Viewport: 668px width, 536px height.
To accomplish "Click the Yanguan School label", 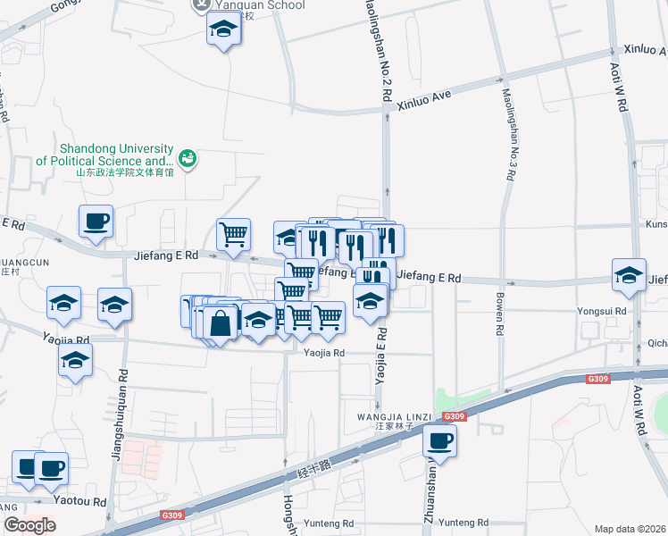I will point(261,4).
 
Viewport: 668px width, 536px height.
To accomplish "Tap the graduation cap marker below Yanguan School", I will point(223,31).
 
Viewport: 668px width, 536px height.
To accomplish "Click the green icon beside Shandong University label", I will point(188,159).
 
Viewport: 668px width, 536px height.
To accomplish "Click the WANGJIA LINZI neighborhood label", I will point(395,417).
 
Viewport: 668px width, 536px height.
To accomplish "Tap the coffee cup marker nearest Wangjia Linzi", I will point(439,440).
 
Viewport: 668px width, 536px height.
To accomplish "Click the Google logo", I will point(29,524).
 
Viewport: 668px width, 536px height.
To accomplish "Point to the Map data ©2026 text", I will point(630,529).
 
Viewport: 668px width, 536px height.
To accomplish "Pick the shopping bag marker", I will point(221,322).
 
